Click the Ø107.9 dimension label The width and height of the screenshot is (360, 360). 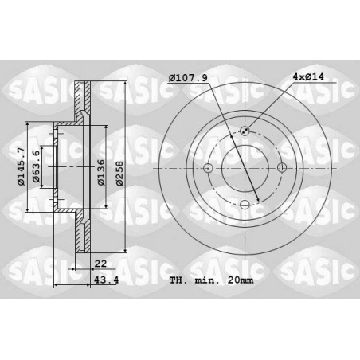(x=188, y=78)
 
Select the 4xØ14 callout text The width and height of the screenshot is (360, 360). (x=308, y=77)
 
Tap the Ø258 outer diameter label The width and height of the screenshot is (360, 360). (x=119, y=173)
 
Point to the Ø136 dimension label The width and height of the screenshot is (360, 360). (x=101, y=172)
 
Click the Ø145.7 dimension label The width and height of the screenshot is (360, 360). (x=21, y=166)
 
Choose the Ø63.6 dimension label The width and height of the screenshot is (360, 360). (x=36, y=166)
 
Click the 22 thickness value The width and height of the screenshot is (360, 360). (x=100, y=264)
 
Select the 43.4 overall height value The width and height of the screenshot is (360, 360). (x=107, y=280)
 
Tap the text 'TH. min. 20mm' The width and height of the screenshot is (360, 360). (x=211, y=280)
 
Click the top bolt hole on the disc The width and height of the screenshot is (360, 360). (x=245, y=131)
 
